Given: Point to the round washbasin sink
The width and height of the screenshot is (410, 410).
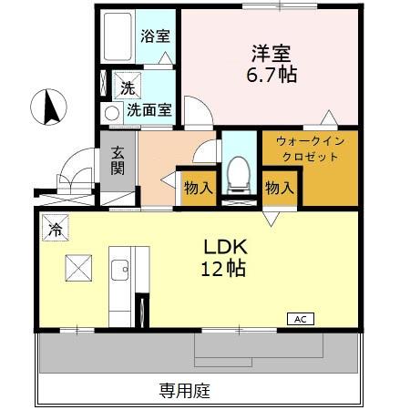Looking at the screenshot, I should click(x=111, y=113).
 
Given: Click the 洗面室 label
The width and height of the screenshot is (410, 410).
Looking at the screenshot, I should click(x=149, y=111).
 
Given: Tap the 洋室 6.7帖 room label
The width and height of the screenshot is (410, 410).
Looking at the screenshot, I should click(x=263, y=62).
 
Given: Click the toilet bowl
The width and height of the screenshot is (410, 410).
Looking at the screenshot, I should click(x=237, y=171).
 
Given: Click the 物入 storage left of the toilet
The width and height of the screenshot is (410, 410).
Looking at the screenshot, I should click(x=198, y=189).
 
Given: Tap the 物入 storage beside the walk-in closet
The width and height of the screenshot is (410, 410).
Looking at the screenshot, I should click(x=280, y=189).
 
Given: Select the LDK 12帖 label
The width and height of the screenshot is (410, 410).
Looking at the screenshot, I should click(x=225, y=259).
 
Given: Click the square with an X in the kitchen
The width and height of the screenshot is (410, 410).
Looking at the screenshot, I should click(x=78, y=269).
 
